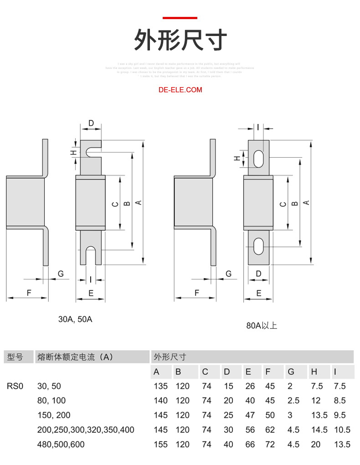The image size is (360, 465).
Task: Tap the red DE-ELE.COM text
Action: [180, 90]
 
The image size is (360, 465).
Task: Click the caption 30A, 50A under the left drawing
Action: [75, 319]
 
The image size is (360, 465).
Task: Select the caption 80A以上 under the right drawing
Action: [262, 325]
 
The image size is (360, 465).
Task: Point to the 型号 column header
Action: [15, 357]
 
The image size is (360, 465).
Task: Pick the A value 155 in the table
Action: [160, 444]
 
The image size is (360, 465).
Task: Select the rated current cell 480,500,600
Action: [61, 444]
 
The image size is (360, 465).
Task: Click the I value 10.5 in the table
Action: [342, 429]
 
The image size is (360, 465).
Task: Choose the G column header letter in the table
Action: [291, 372]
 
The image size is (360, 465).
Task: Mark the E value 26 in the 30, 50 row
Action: [250, 386]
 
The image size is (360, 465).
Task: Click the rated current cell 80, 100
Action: [51, 401]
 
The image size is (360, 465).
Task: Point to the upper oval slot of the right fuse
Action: [258, 158]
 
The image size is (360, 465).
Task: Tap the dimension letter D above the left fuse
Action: [91, 123]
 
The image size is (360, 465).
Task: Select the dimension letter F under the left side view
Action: [29, 293]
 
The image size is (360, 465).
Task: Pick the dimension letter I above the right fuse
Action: [258, 127]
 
